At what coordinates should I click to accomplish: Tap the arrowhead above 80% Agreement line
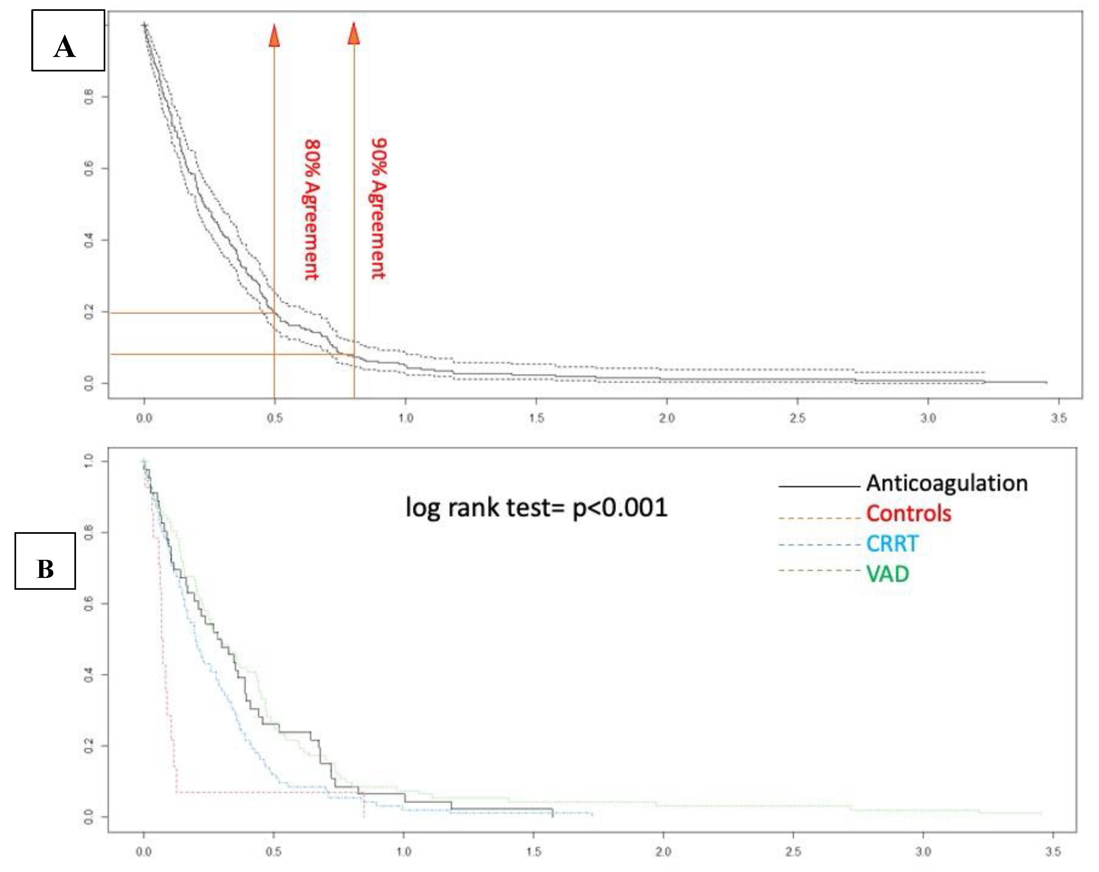[x=274, y=36]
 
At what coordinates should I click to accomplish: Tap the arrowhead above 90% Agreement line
[x=354, y=34]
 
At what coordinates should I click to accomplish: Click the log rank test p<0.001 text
[x=536, y=507]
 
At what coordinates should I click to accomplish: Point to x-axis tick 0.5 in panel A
[x=275, y=418]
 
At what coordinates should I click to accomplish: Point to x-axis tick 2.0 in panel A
[x=666, y=418]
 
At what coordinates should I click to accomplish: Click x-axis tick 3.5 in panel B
[x=1053, y=852]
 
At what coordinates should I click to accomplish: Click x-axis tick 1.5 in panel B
[x=533, y=852]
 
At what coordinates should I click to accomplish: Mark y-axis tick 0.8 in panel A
[x=89, y=96]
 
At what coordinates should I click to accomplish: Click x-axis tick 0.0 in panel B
[x=144, y=852]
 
